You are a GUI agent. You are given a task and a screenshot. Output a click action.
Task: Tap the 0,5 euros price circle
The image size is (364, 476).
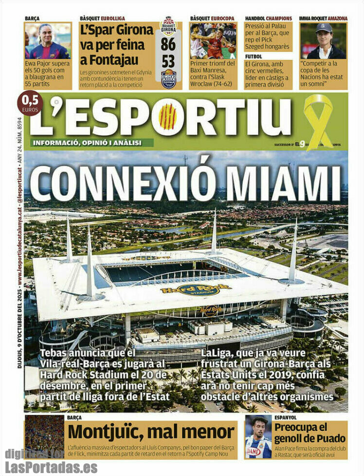[x=30, y=103]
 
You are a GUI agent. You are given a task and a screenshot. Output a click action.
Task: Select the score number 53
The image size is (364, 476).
[x=169, y=62]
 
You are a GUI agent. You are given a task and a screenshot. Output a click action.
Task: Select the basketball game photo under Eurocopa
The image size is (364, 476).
[x=213, y=41]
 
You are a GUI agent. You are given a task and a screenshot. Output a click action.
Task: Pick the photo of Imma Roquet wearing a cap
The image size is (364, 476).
[x=324, y=41]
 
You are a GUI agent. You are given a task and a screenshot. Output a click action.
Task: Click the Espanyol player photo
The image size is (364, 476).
[x=258, y=437]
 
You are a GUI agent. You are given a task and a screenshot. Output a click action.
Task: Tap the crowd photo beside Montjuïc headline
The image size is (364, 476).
[x=44, y=437]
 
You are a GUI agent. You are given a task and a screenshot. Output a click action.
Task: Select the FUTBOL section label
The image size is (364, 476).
[x=254, y=57]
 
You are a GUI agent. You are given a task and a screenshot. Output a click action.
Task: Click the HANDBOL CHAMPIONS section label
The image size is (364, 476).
[x=269, y=19]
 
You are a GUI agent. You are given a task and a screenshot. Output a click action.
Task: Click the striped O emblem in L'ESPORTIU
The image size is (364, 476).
[x=167, y=117]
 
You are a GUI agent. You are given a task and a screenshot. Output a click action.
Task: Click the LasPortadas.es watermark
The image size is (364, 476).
[x=51, y=467]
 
